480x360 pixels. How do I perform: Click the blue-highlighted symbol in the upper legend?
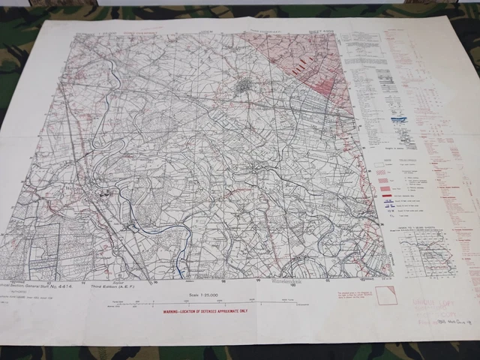click(399, 118)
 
